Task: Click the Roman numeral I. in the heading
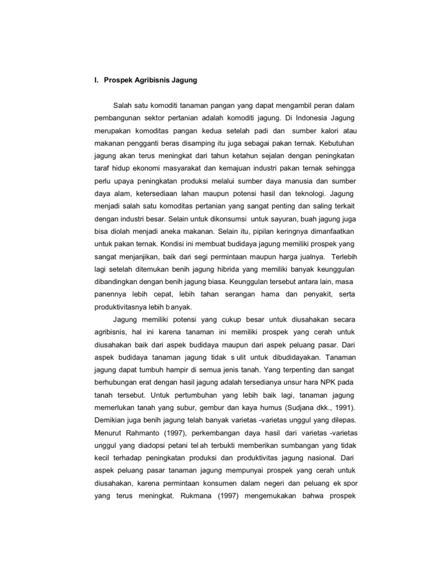[x=96, y=80]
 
